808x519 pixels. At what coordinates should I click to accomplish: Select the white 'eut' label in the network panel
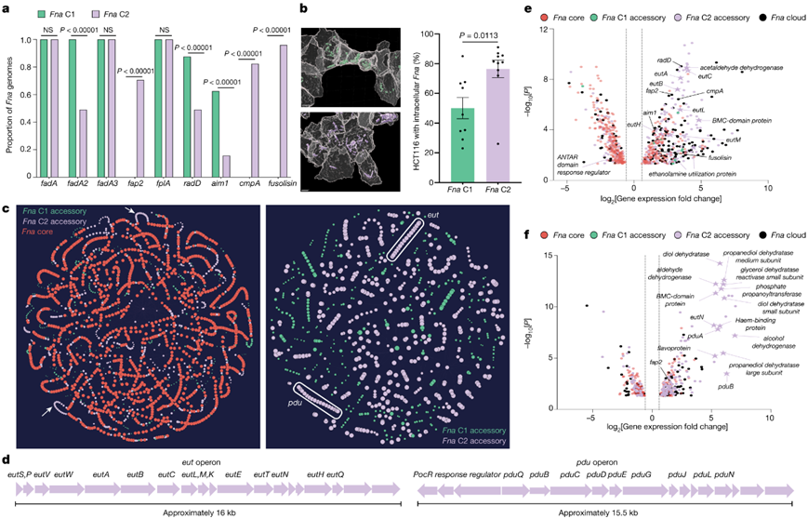pyautogui.click(x=431, y=217)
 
